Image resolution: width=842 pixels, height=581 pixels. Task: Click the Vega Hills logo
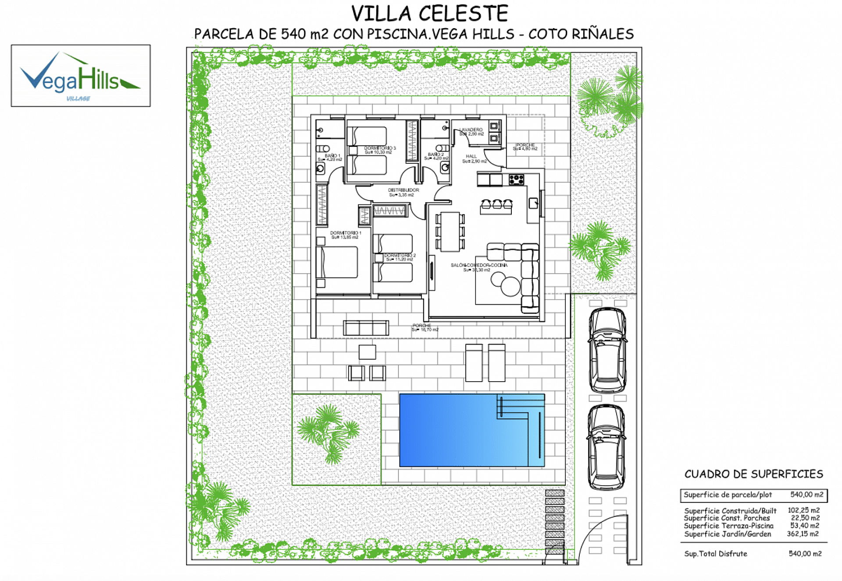click(x=81, y=76)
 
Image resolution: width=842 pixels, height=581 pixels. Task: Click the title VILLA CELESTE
click(x=429, y=14)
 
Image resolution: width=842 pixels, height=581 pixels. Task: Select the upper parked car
click(x=607, y=350)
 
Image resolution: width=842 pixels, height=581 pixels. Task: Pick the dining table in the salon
click(x=450, y=231)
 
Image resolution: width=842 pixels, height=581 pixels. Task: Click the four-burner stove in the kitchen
click(x=516, y=179)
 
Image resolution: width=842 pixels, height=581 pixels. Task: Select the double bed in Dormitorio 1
click(x=339, y=262)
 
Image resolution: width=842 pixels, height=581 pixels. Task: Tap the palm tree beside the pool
click(x=330, y=433)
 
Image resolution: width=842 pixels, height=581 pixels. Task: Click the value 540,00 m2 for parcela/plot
click(x=806, y=494)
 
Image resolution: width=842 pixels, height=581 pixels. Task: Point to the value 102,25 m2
click(x=803, y=510)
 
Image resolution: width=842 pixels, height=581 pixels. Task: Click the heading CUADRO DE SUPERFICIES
click(x=753, y=474)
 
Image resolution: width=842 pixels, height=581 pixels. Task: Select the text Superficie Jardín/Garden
click(x=727, y=534)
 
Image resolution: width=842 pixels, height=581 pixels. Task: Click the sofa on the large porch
click(x=366, y=328)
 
